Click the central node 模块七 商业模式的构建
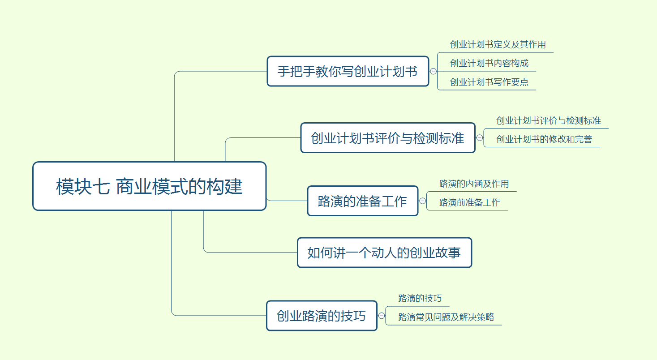[x=149, y=186]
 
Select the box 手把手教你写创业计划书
[x=348, y=71]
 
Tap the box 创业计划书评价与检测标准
[x=387, y=138]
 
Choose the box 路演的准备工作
[x=362, y=201]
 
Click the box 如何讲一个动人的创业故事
[x=384, y=253]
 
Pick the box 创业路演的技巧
[x=321, y=316]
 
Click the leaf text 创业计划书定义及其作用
[x=498, y=44]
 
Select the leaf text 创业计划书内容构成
[x=489, y=63]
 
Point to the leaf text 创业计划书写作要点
[x=489, y=82]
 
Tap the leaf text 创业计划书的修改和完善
[x=544, y=139]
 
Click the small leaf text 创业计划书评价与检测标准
[x=548, y=120]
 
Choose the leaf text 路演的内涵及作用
[x=474, y=184]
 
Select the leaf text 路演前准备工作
[x=469, y=202]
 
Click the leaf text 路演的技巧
[x=420, y=298]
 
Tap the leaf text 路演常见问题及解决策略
[x=446, y=317]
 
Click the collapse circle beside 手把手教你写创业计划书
[x=433, y=71]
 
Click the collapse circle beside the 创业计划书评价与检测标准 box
[x=480, y=138]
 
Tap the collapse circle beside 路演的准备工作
[x=422, y=201]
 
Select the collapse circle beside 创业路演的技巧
[x=382, y=316]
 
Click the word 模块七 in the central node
[x=83, y=187]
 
